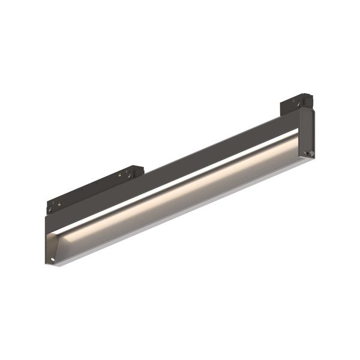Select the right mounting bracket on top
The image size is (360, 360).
click(x=295, y=103)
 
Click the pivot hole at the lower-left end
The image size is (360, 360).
click(x=53, y=259)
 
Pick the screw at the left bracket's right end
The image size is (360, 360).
click(x=128, y=175)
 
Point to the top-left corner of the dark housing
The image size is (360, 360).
click(x=46, y=218)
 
